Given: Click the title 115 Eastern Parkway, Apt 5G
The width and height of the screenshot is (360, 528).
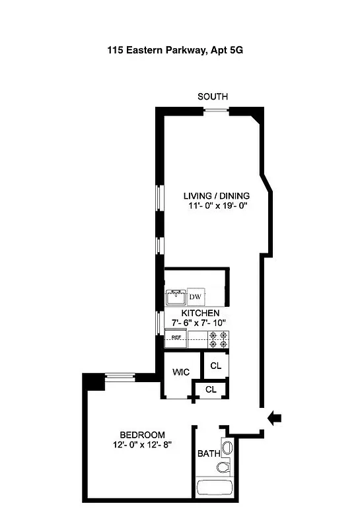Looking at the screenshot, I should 180,49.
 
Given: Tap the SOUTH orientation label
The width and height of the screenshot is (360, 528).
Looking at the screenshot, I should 213,97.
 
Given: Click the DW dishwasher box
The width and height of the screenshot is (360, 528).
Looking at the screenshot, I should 196,297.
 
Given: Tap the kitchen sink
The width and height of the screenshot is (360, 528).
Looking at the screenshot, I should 176,296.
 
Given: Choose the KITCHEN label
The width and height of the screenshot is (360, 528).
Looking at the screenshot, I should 196,313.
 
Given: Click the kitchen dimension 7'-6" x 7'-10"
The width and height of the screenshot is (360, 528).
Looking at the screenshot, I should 196,323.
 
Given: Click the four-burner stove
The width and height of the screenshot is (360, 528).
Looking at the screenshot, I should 218,340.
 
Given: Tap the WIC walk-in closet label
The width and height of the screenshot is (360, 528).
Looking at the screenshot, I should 181,372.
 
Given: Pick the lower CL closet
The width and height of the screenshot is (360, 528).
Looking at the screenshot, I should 211,389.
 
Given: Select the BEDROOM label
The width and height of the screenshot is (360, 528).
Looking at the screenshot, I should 141,434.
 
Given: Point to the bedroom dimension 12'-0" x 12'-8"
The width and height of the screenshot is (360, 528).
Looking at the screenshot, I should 141,445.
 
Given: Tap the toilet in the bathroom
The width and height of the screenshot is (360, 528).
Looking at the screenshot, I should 223,468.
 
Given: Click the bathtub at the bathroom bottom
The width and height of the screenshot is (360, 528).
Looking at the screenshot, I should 215,489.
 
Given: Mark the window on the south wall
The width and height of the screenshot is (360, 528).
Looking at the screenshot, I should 213,110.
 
